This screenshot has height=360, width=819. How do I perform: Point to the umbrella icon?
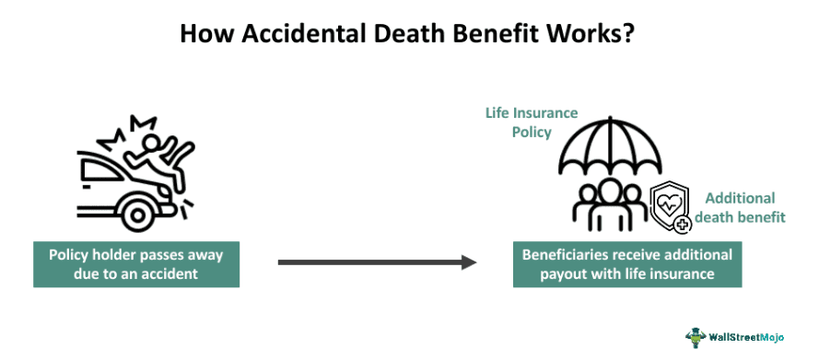tap(610, 147)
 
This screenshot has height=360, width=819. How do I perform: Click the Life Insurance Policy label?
tap(532, 122)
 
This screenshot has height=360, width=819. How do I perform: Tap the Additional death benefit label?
tap(740, 207)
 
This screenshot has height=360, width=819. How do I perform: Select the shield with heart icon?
tap(671, 205)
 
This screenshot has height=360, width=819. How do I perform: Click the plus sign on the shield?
tap(683, 224)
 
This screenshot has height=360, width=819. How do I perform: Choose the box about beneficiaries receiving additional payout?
tap(627, 263)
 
